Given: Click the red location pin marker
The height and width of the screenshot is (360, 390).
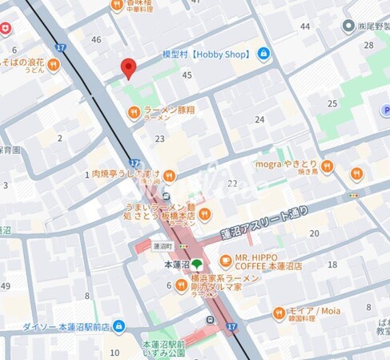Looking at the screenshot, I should point(128,68).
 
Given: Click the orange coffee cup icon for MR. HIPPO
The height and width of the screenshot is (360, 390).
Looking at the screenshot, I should point(225,261).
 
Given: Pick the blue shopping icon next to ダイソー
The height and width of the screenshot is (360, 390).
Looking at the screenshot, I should point(119,326).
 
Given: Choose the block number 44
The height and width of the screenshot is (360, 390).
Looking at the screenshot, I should point(305,26).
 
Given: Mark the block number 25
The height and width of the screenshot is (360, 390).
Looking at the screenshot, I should point(332,103).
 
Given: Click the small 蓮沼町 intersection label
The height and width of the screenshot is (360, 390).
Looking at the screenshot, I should point(163,246).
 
